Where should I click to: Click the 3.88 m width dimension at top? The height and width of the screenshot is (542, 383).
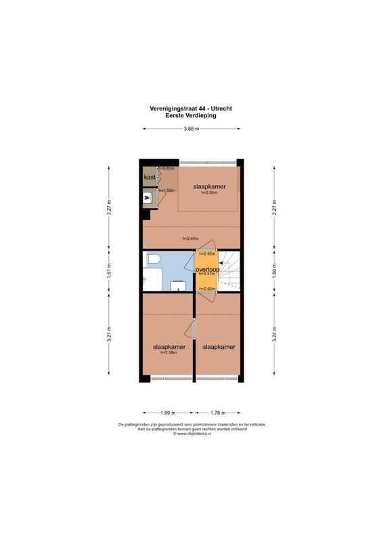191,129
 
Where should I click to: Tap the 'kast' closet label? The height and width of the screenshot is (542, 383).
149,178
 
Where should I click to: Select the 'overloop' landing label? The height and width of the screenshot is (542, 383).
206,269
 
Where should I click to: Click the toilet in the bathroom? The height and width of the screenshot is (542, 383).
152,259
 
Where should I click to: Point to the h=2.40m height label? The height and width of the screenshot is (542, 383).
191,238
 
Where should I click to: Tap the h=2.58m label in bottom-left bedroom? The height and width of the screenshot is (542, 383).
168,353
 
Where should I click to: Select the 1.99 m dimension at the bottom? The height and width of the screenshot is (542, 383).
168,412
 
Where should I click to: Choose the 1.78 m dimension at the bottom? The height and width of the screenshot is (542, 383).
218,412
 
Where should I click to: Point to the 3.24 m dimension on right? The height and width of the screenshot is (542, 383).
274,337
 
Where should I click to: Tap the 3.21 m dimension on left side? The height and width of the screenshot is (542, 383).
109,337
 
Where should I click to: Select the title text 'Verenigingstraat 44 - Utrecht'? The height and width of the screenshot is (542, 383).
191,108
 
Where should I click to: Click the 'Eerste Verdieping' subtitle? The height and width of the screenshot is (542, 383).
191,115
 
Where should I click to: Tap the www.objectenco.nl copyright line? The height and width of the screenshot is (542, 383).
191,434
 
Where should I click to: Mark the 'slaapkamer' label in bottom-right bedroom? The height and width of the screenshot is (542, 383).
219,347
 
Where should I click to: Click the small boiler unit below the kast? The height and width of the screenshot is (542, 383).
148,198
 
